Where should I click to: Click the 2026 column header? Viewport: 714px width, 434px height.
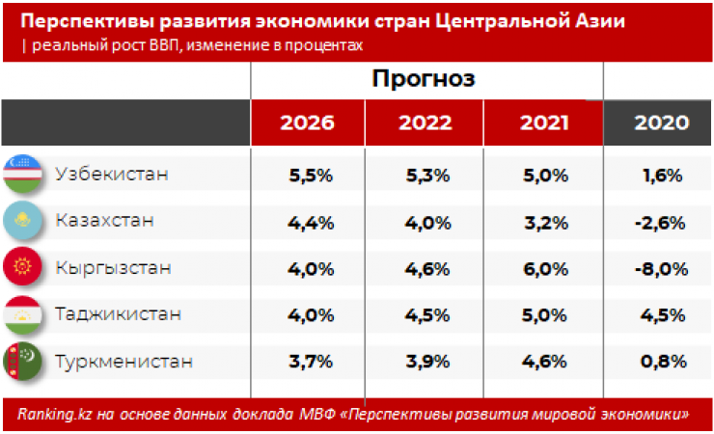[308, 122]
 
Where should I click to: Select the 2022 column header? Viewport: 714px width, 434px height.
[425, 122]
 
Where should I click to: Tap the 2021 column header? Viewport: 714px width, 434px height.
[544, 122]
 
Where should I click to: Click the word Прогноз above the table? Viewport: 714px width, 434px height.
[425, 79]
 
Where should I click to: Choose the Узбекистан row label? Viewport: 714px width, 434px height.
[112, 175]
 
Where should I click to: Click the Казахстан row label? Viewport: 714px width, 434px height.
[105, 221]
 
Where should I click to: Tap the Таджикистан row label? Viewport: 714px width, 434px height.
[118, 313]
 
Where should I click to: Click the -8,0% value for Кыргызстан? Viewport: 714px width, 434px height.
[662, 268]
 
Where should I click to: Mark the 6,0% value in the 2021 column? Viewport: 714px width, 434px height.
[544, 268]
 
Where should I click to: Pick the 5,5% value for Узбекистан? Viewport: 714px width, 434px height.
[310, 176]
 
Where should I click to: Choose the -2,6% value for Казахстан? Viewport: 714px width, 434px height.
[662, 222]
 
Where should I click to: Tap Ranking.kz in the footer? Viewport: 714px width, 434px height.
[54, 414]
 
